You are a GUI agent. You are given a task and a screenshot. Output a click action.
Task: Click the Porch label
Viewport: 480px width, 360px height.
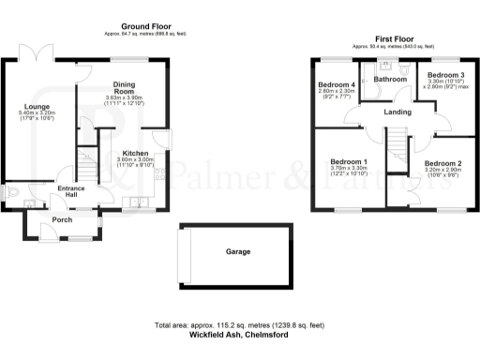(62, 220)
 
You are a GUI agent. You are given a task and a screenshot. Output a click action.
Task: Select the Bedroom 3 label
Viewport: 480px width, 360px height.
(446, 74)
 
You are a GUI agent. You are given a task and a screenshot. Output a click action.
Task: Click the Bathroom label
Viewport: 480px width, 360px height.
(390, 80)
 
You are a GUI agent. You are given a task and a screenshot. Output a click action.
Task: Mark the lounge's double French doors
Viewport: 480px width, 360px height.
(41, 53)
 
